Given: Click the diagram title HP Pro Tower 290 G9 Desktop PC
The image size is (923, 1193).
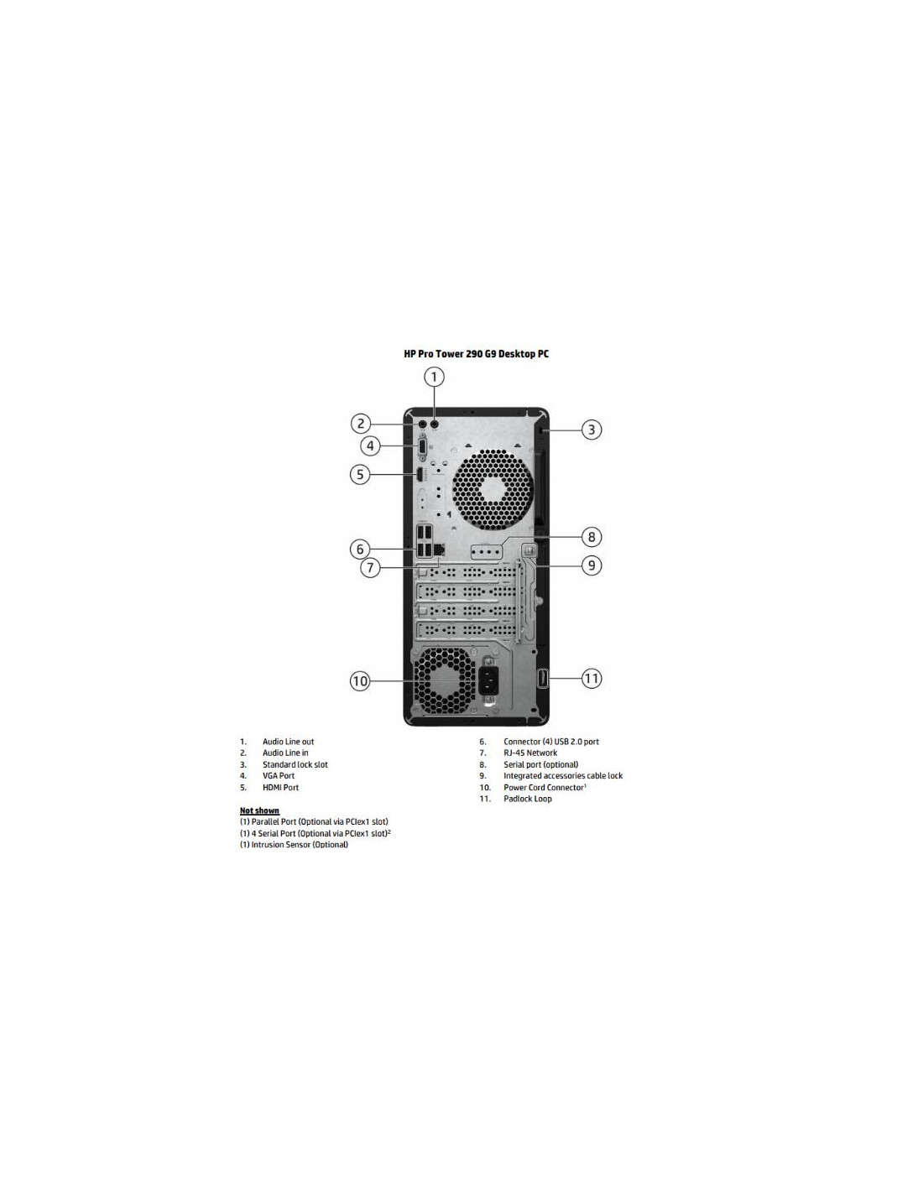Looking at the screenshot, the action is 476,354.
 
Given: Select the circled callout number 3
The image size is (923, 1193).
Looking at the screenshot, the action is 592,430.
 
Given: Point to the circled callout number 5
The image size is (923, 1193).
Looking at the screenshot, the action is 360,474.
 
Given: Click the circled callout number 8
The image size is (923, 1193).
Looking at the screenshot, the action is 592,536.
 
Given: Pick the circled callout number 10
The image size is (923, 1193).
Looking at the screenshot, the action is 360,681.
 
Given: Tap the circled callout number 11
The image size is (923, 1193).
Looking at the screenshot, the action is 592,679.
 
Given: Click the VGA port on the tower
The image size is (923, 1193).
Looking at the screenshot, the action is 422,446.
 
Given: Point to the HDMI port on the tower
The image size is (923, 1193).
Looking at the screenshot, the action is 419,474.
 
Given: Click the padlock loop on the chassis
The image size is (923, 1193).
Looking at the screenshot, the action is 542,679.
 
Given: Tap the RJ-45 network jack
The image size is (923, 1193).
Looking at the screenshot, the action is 439,549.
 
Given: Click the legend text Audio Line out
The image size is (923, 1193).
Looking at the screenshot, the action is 289,742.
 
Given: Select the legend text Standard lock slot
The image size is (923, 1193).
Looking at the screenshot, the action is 295,765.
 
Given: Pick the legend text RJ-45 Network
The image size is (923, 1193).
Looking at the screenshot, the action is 530,753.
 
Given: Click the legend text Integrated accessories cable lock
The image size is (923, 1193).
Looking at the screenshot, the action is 563,776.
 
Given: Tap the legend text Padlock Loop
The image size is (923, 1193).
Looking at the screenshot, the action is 528,799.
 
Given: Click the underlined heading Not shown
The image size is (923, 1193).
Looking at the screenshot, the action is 259,811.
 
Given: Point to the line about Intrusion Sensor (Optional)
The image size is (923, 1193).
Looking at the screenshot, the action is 294,844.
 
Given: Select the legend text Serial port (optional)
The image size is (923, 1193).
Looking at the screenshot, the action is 541,765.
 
